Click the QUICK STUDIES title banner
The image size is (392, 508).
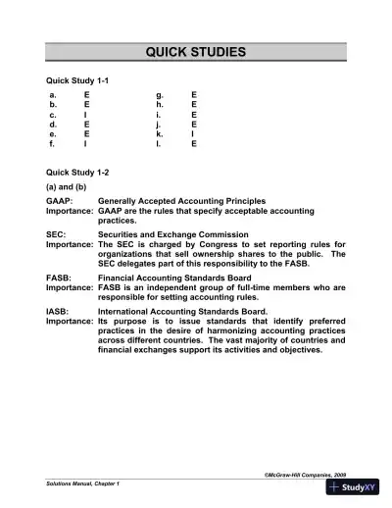coord(196,52)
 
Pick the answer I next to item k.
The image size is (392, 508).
coord(192,133)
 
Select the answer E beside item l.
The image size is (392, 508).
coord(193,143)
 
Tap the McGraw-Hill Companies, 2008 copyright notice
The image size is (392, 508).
coord(305,474)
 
